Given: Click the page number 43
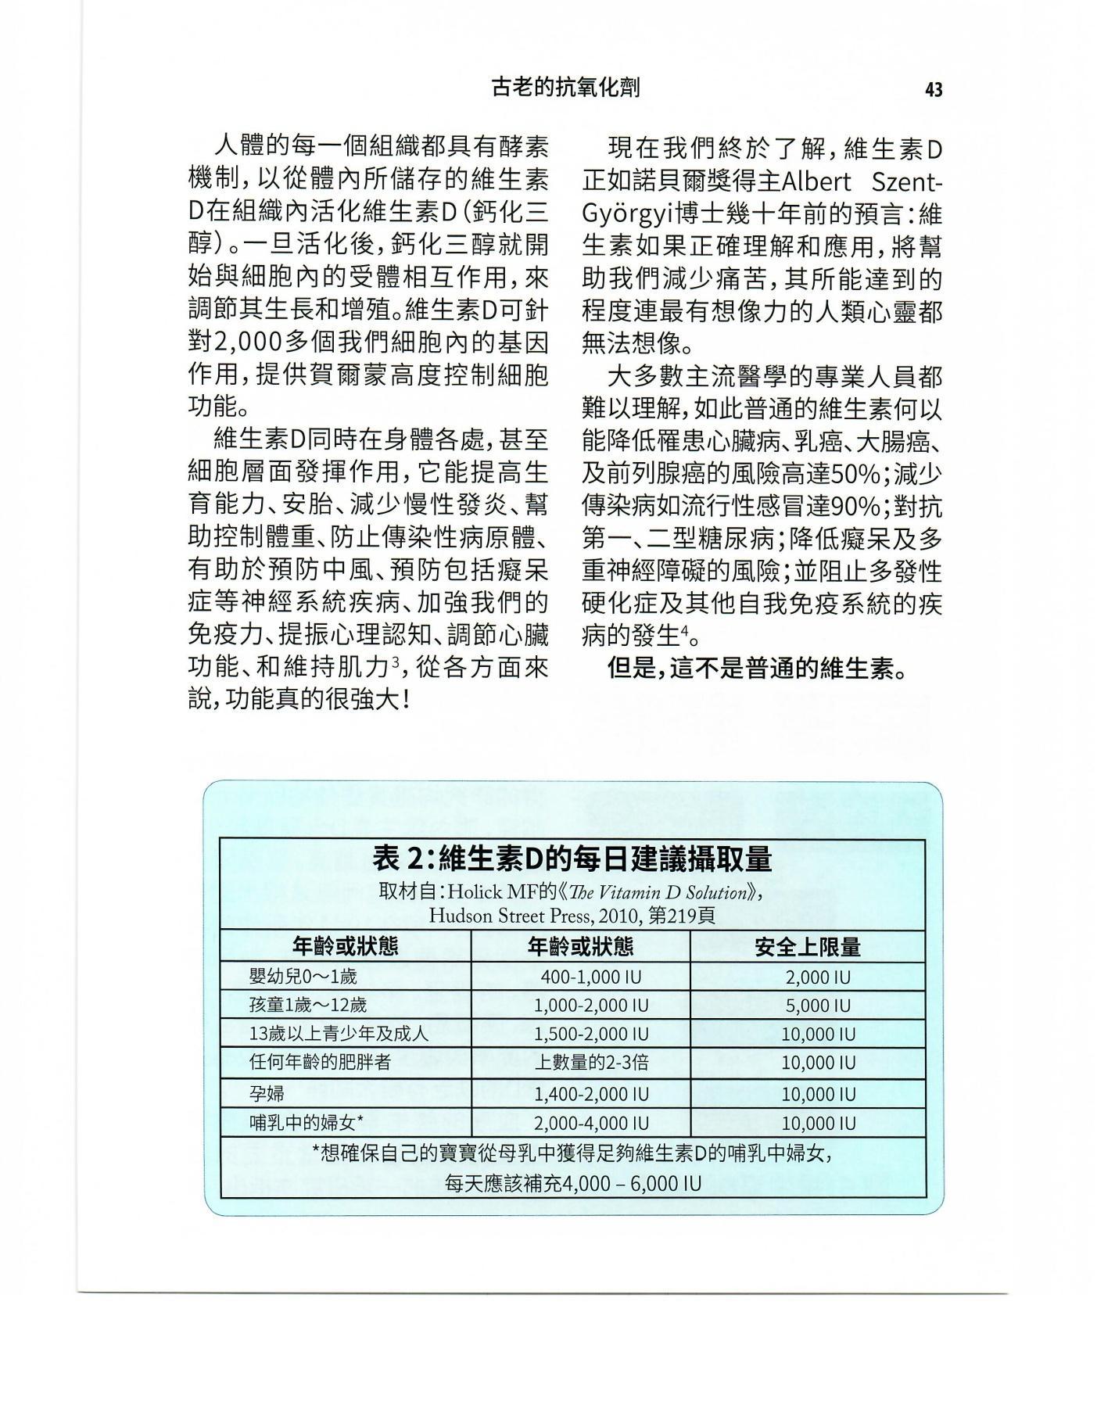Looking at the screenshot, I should pos(933,90).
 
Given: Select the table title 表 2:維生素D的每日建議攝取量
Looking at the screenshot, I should pos(572,859).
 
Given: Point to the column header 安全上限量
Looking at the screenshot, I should pos(807,947).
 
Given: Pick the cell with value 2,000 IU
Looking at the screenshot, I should pos(818,977).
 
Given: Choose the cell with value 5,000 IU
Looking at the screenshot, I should pos(818,1006).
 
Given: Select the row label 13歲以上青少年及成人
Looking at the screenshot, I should pos(339,1034).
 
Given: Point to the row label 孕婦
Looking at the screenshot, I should pos(267,1093).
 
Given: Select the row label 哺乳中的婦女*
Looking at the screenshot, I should pos(306,1123).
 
